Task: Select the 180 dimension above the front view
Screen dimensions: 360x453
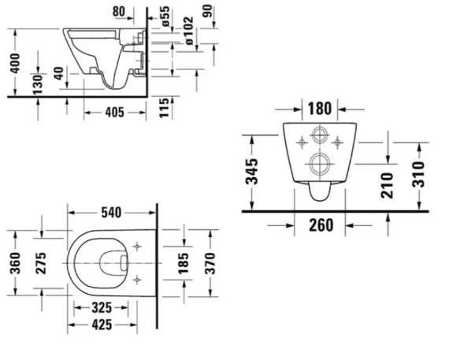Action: click(x=320, y=108)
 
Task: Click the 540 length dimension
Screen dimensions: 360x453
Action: click(x=111, y=212)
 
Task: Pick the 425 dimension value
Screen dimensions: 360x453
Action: click(x=99, y=324)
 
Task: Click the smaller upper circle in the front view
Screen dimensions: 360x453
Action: click(x=320, y=135)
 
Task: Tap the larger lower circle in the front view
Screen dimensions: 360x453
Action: click(x=320, y=164)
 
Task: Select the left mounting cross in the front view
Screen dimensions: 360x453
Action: click(x=302, y=142)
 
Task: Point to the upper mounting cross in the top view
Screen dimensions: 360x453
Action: click(x=138, y=247)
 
